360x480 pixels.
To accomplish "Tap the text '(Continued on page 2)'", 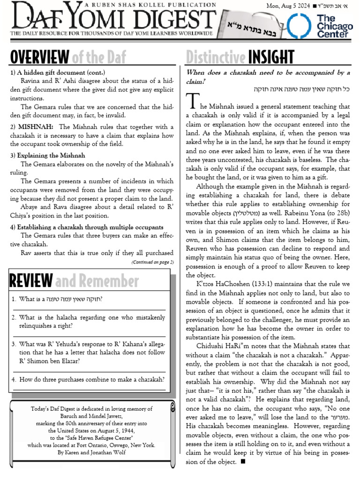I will (152, 262).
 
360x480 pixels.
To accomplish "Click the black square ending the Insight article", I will (242, 462).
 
